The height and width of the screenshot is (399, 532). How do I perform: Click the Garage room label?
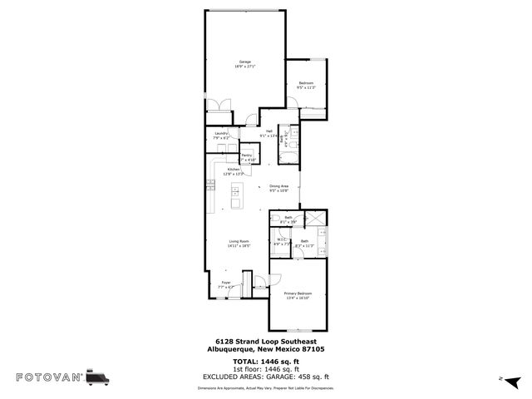tap(245, 62)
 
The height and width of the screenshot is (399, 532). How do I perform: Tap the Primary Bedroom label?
tap(298, 293)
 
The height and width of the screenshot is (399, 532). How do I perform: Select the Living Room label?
tap(239, 242)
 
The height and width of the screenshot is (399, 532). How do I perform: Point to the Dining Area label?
tap(278, 186)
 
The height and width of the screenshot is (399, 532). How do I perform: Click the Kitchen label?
tap(234, 170)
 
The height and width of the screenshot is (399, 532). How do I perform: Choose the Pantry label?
tap(247, 155)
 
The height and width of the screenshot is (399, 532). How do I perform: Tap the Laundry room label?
tap(221, 134)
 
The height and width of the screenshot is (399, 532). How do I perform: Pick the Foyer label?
tap(225, 283)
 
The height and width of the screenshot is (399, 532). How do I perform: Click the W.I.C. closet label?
tap(279, 241)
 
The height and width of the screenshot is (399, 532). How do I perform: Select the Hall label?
tap(269, 131)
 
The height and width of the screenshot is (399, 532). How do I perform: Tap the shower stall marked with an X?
tap(319, 219)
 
